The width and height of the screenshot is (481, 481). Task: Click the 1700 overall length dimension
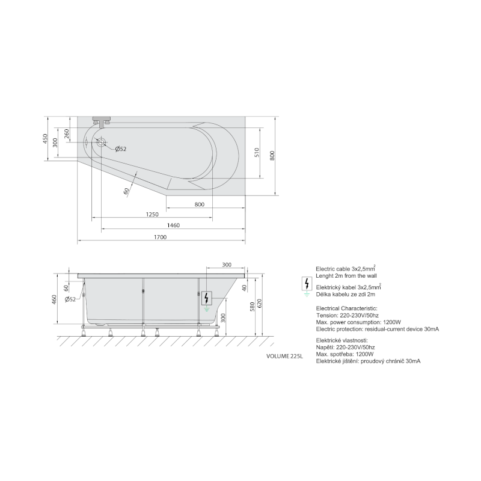(160, 237)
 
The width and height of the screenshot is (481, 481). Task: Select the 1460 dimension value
(173, 225)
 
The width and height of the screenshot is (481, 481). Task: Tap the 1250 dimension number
(152, 215)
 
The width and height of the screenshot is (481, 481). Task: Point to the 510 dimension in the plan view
(257, 153)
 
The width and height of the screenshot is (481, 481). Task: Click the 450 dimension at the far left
(46, 139)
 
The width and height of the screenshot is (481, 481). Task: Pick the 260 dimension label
(67, 133)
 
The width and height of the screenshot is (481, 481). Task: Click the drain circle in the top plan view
(101, 142)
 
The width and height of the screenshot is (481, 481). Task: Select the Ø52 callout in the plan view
(121, 149)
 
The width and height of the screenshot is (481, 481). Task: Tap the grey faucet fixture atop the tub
(102, 121)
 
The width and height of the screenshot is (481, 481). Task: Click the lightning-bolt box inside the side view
(206, 298)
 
